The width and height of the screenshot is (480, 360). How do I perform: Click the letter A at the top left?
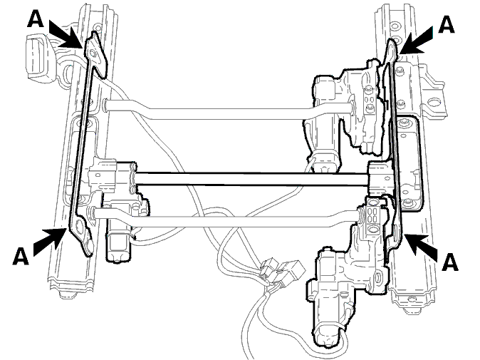coord(36,19)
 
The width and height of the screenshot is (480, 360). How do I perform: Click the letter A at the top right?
coord(447,24)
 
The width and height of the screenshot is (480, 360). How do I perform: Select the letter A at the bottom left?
coord(21,256)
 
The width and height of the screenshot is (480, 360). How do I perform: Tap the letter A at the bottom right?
coord(450,262)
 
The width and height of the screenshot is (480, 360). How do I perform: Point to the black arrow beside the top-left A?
coord(66,34)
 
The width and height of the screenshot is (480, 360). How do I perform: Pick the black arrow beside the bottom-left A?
coord(50,242)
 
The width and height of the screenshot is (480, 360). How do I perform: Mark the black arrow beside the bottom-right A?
coord(421,247)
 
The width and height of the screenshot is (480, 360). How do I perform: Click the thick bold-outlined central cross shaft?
coord(251,179)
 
